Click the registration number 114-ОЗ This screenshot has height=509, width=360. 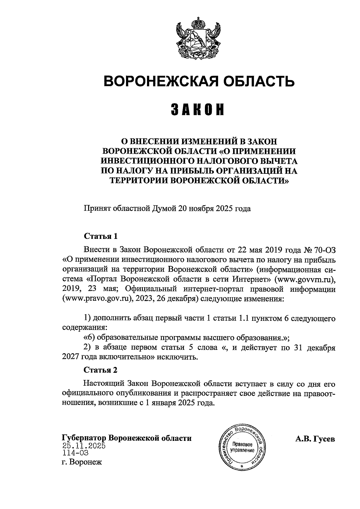coord(75,453)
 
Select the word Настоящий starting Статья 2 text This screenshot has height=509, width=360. coord(104,384)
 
